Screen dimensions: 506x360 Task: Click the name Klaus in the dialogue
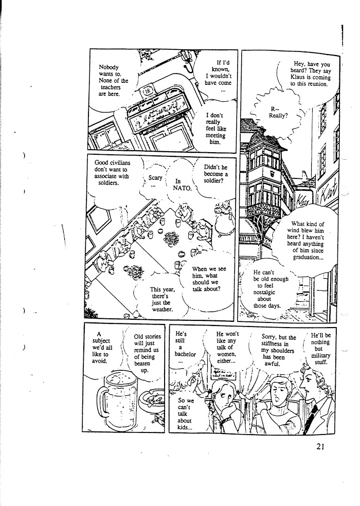coord(302,77)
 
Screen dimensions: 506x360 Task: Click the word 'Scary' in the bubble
coord(155,178)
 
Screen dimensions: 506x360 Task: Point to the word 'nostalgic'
coord(264,291)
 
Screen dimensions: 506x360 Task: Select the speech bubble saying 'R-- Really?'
coord(278,112)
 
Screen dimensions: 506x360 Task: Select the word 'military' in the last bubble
coord(320,355)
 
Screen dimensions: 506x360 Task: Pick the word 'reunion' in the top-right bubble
coord(314,84)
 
